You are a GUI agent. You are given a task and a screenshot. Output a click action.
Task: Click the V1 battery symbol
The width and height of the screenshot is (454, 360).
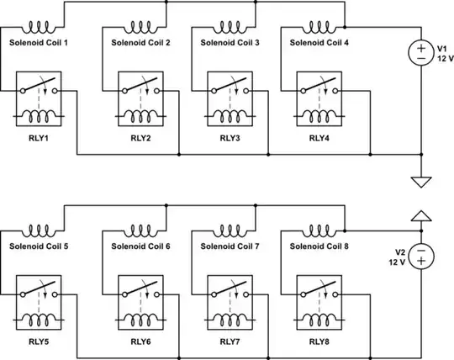click(419, 52)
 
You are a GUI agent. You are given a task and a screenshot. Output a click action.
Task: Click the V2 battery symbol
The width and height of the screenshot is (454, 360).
click(419, 256)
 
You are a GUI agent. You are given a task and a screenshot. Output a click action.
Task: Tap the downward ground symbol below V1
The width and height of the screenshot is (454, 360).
click(419, 180)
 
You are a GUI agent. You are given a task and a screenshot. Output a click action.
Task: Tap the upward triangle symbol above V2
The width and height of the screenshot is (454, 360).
click(419, 216)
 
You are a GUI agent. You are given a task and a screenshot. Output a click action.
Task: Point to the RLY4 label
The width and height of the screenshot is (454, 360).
click(319, 138)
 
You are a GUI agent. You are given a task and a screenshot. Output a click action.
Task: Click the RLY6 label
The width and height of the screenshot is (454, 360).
click(140, 341)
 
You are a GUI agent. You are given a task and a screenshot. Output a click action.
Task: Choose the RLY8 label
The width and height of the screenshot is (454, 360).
click(319, 341)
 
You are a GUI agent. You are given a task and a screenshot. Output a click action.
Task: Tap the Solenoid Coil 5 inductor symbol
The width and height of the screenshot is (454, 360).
click(39, 230)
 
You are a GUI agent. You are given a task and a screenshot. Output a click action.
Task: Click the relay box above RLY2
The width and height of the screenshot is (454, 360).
click(140, 100)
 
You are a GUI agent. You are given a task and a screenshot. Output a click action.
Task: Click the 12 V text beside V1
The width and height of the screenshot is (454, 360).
click(441, 58)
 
